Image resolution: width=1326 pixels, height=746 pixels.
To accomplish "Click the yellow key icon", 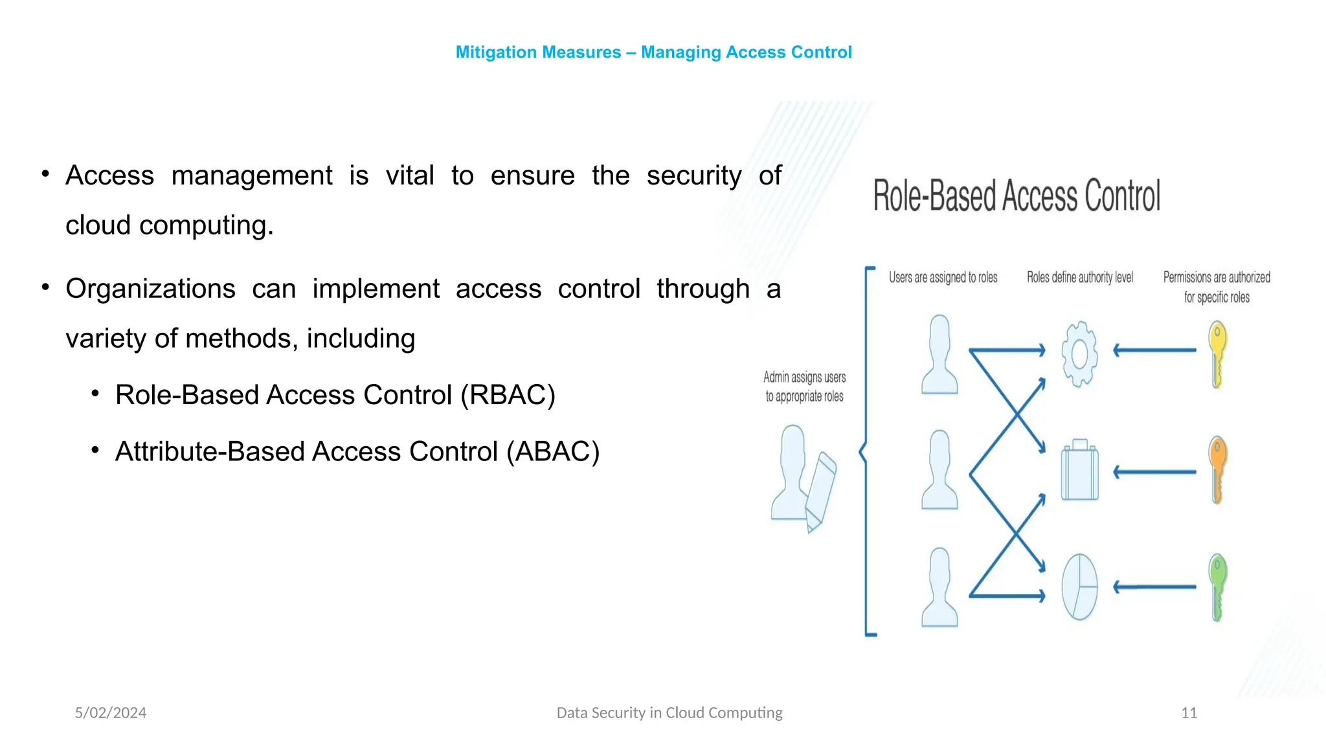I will click(x=1217, y=354).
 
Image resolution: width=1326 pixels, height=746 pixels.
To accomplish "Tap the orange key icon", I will click(x=1217, y=469).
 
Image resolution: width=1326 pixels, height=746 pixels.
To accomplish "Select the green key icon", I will click(x=1217, y=587).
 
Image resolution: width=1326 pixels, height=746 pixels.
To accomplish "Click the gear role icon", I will click(x=1079, y=354).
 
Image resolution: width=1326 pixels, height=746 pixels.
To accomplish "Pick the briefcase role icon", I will click(x=1079, y=471).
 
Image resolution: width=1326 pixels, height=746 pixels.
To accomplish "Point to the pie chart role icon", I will click(x=1079, y=587).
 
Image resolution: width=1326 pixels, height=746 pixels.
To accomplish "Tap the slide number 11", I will click(x=1189, y=713).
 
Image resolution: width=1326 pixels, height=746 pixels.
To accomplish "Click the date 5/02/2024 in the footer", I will click(x=111, y=713).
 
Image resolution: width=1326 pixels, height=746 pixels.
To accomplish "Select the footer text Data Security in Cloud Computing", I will click(x=669, y=713).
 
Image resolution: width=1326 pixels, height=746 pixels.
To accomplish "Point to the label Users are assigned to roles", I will click(x=943, y=278).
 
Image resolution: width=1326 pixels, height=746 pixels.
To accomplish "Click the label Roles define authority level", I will click(x=1080, y=278).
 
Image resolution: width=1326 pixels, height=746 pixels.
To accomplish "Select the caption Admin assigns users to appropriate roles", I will click(x=804, y=387).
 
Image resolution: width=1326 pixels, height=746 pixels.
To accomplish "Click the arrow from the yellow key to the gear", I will click(x=1154, y=350).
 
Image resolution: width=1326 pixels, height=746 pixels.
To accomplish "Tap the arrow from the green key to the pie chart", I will click(x=1154, y=587).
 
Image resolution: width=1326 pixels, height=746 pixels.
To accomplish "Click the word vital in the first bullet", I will click(x=409, y=175).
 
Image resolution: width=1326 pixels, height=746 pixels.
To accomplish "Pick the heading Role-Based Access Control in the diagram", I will click(x=1017, y=196).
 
